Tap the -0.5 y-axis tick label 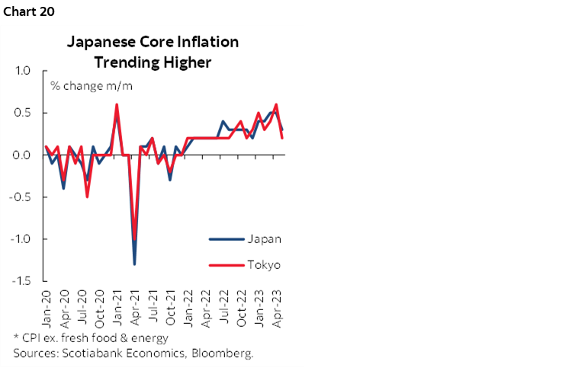20,197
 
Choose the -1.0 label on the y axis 20,238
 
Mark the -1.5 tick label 20,280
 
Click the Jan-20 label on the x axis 47,305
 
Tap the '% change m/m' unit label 91,85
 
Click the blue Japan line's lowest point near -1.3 135,264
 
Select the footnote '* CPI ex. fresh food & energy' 91,338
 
